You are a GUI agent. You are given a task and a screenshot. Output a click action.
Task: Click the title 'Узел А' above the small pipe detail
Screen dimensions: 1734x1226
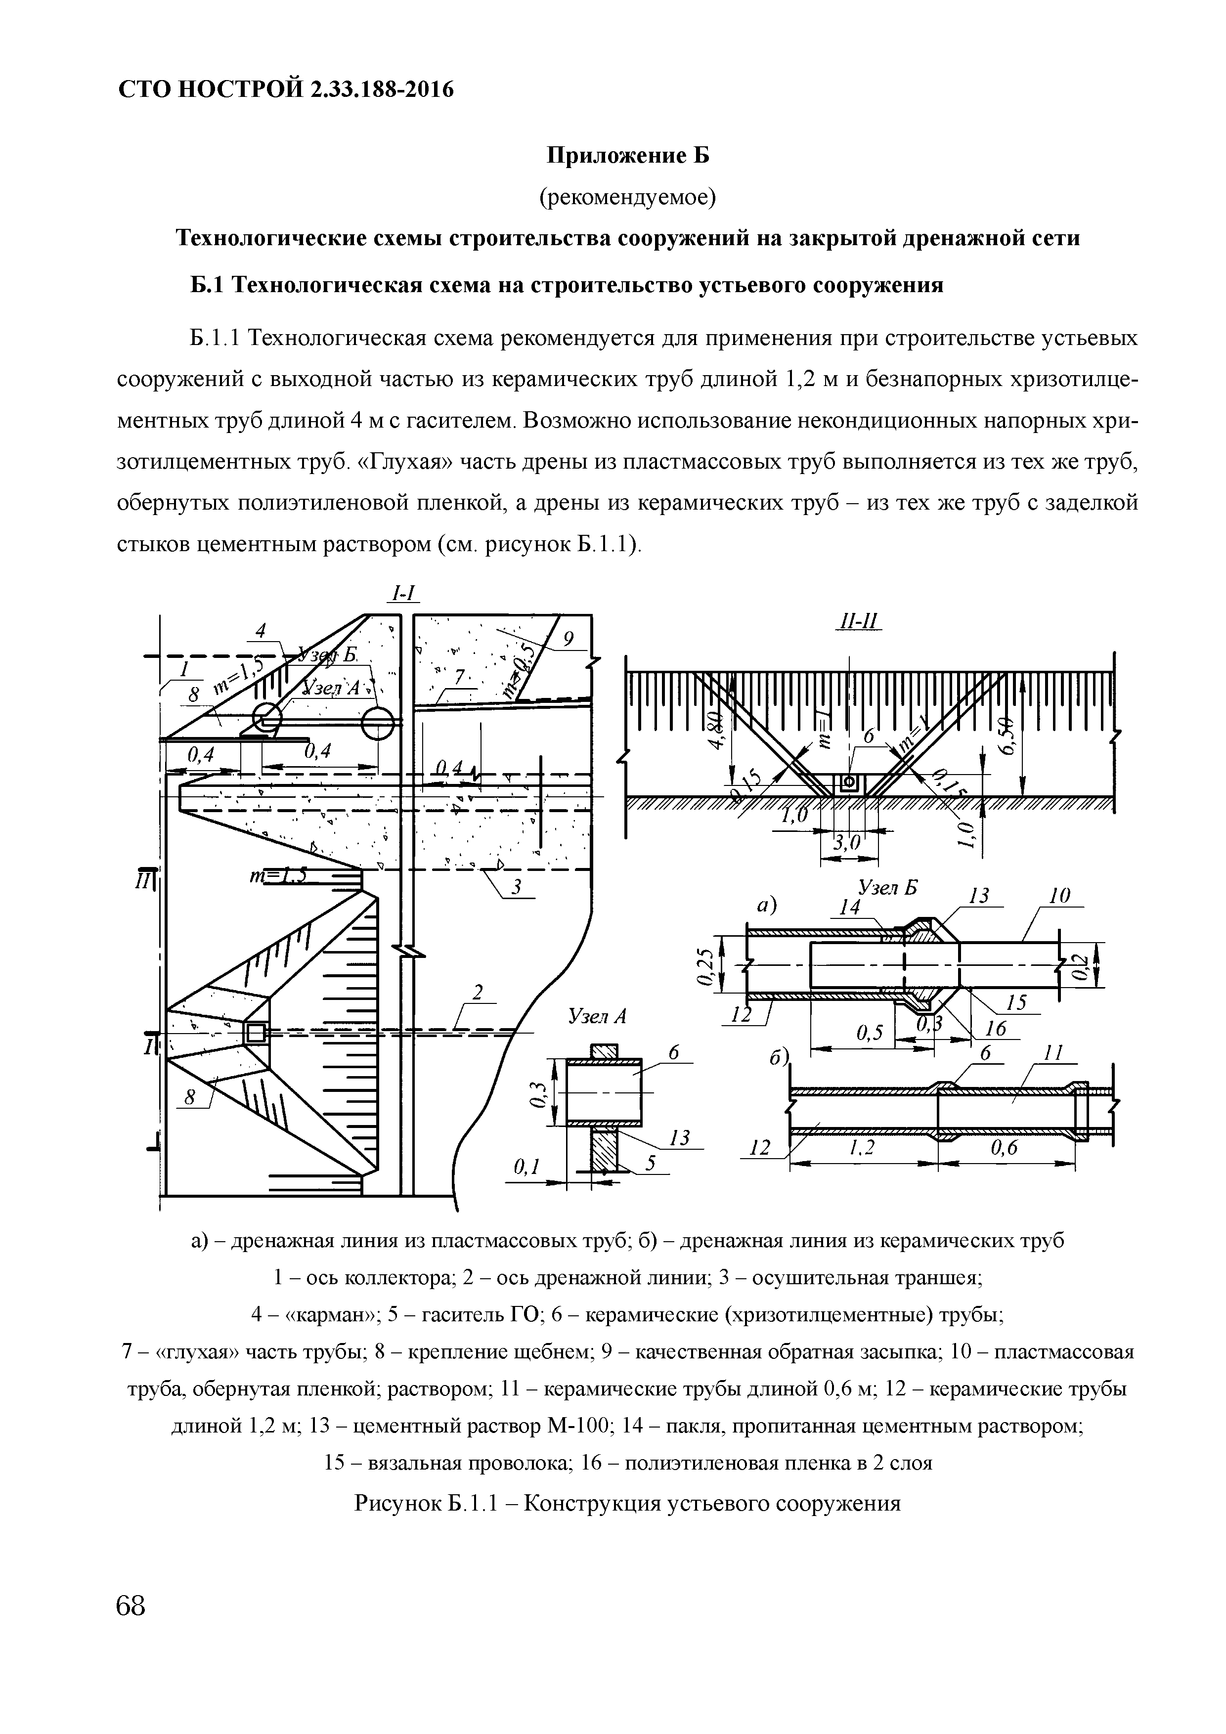[x=597, y=1017]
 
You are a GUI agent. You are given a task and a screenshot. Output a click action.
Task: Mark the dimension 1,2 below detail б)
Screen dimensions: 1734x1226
[x=855, y=1148]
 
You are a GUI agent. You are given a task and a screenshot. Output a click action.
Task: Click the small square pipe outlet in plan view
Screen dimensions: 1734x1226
[x=255, y=1032]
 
